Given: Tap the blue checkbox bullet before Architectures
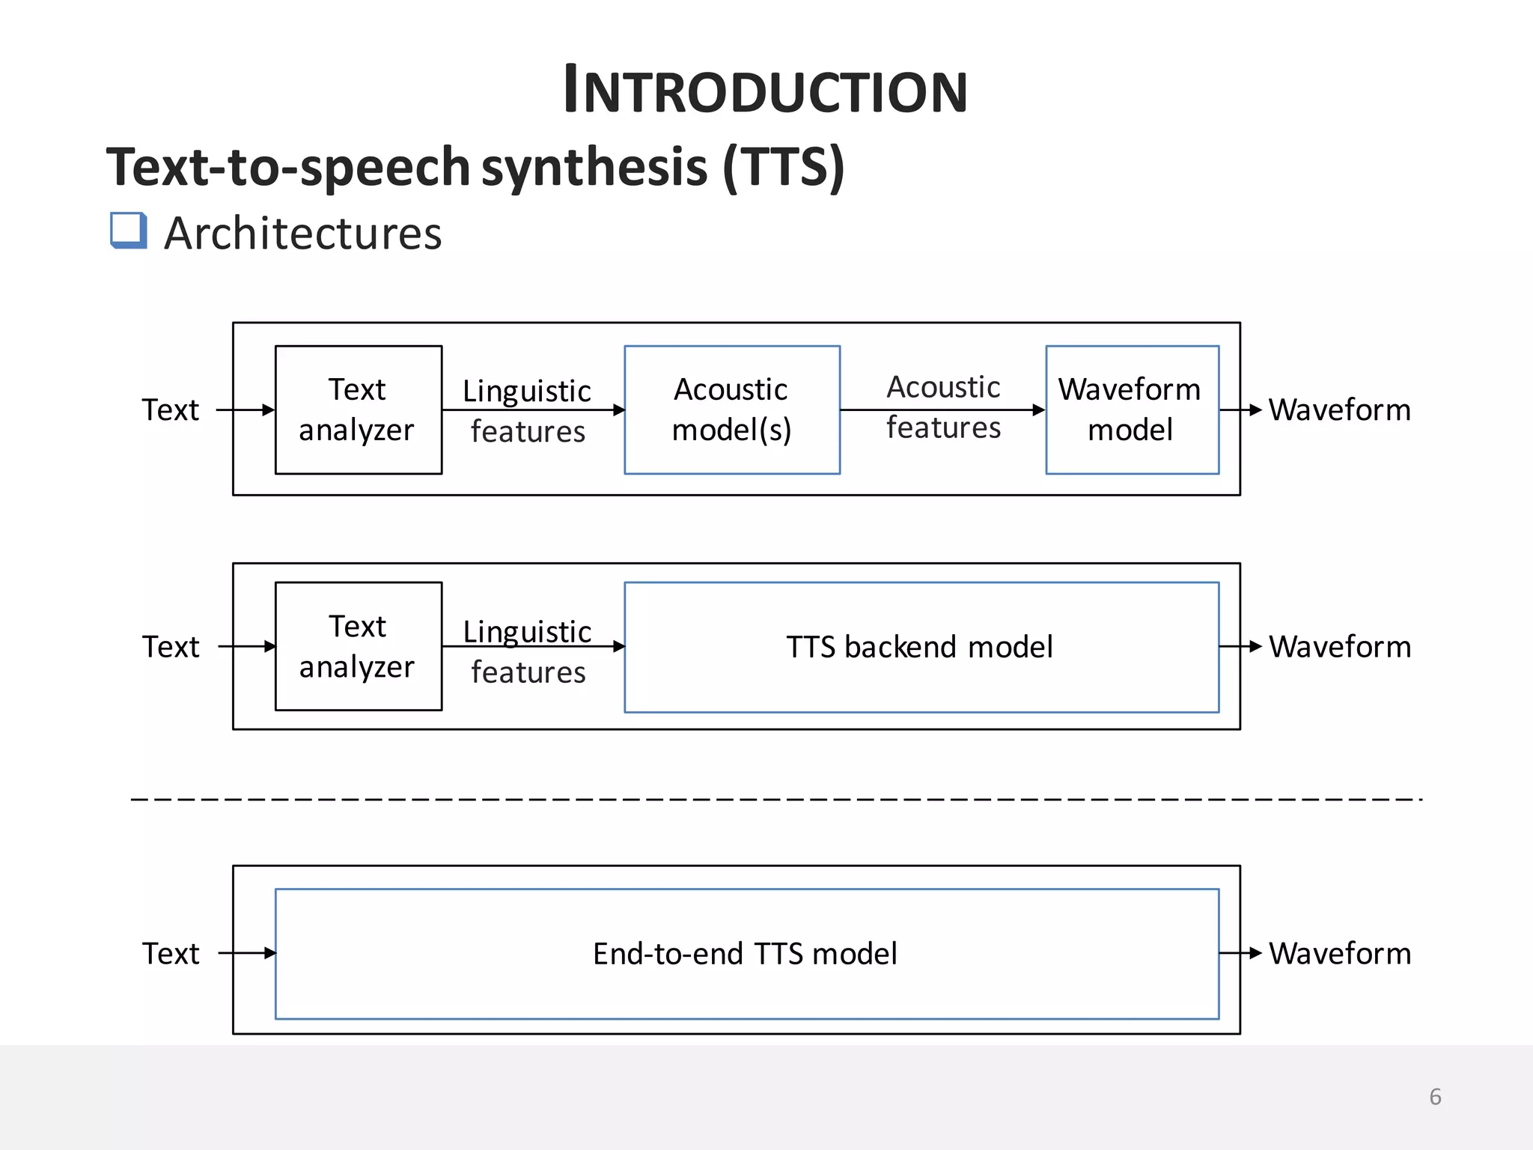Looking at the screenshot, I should click(128, 230).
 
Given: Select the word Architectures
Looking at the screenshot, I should click(302, 234).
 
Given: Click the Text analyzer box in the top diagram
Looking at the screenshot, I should click(358, 410).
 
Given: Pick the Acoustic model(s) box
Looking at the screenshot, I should click(731, 410).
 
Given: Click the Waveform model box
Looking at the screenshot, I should click(1131, 410).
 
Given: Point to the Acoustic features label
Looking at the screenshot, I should click(943, 407).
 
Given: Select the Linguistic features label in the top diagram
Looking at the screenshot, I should click(527, 410).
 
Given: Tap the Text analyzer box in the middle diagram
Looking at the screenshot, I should click(358, 646).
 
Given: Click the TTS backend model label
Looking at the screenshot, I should click(919, 647).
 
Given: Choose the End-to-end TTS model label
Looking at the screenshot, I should click(745, 954).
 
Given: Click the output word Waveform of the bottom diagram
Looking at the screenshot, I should click(1339, 954).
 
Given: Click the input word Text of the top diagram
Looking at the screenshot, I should click(171, 410).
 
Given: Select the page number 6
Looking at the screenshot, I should click(1434, 1097).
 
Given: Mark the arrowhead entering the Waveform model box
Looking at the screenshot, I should click(1038, 410).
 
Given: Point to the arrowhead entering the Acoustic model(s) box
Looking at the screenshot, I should click(618, 410).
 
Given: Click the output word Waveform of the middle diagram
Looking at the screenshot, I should click(1339, 647).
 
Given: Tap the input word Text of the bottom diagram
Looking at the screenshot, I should click(171, 954).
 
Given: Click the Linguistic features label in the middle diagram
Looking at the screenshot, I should click(527, 651).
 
